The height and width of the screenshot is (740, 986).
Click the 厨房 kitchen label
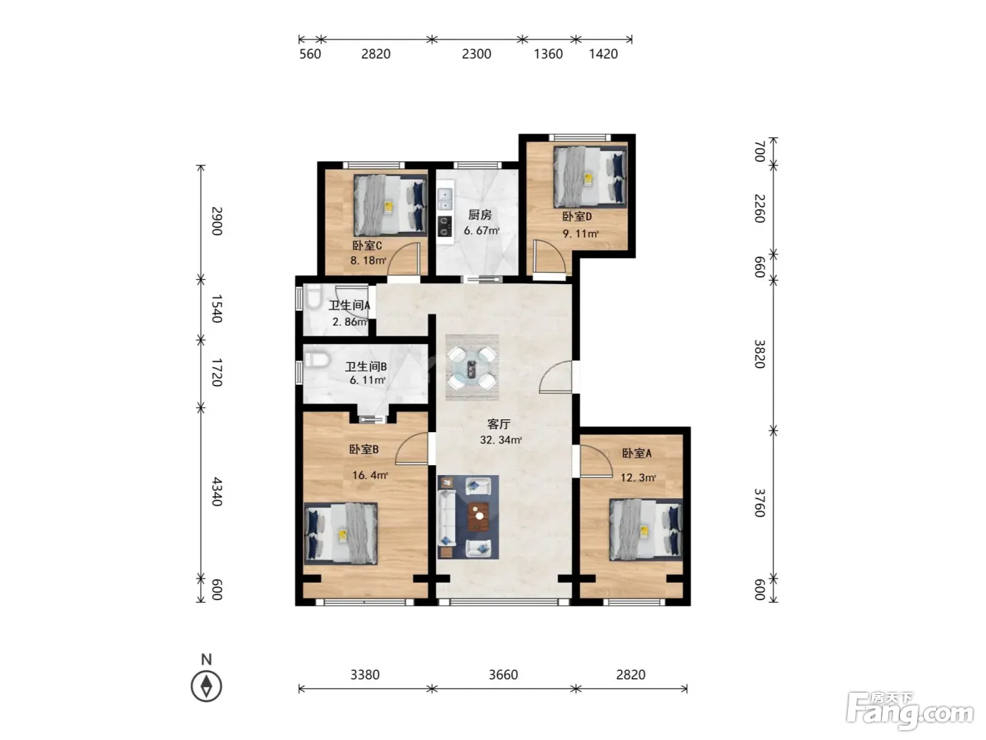tap(480, 215)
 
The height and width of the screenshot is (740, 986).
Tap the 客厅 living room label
tap(499, 424)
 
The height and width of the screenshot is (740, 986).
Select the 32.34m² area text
tap(501, 440)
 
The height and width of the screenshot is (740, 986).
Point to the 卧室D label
tap(577, 216)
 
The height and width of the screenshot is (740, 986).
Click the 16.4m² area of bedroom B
tap(369, 475)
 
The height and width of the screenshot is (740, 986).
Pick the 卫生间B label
tap(366, 366)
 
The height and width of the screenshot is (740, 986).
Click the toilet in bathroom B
tap(316, 359)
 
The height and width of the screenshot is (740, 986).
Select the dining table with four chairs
tap(472, 367)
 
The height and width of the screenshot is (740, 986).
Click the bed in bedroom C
tap(390, 205)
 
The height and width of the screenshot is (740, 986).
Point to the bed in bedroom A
tap(646, 530)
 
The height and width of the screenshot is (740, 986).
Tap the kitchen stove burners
tap(444, 226)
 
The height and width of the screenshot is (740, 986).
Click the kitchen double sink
tap(444, 199)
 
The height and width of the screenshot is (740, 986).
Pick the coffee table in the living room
tap(479, 517)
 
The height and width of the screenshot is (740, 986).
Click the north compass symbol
tap(206, 686)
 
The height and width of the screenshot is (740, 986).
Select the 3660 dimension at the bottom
tap(503, 674)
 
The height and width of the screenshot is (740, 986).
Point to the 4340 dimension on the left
tap(217, 491)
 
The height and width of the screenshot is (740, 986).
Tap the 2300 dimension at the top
tap(476, 54)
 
